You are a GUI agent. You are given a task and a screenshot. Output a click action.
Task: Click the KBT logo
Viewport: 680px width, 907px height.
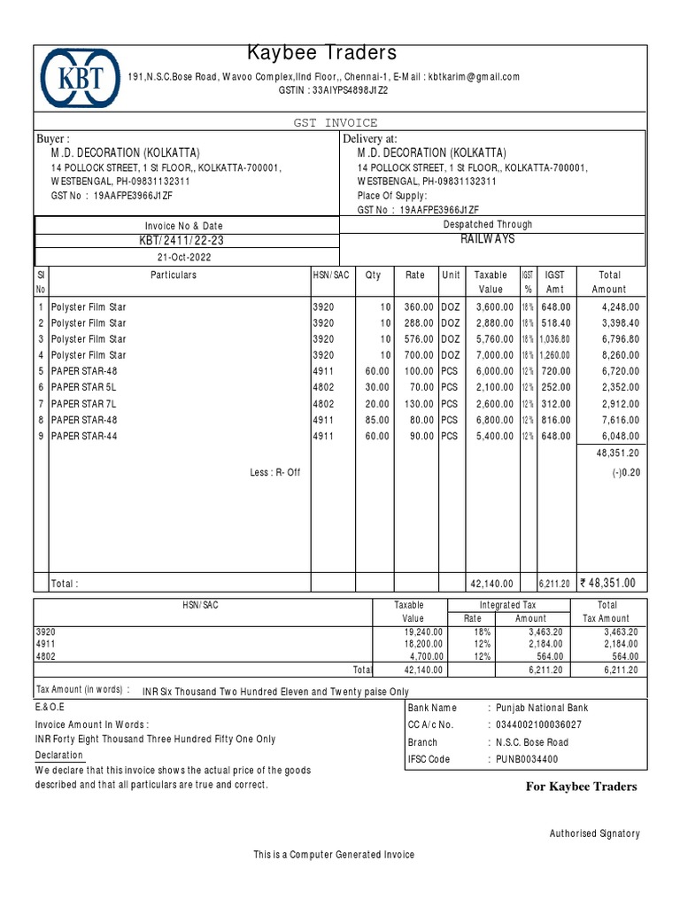click(79, 79)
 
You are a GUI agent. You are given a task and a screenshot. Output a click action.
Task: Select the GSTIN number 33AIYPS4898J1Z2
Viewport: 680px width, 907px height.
click(347, 90)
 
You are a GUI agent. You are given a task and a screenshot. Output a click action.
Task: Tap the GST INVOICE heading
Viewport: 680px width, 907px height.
click(340, 122)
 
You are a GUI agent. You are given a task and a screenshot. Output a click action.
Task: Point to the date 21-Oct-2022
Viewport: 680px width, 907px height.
click(185, 257)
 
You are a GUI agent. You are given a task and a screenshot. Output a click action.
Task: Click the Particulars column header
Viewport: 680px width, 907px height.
click(174, 275)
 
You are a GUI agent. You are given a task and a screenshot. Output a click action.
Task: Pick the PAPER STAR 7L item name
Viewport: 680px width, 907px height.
click(83, 404)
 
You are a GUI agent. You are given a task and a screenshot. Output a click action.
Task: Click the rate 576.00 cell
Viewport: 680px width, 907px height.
click(416, 339)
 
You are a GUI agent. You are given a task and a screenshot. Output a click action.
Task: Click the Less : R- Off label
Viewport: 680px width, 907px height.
click(274, 473)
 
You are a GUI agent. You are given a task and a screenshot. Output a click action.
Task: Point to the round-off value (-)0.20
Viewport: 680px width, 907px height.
click(625, 473)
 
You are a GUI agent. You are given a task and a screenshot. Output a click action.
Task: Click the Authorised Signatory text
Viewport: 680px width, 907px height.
click(594, 833)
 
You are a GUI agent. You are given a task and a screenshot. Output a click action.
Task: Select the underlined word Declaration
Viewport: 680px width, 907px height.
click(59, 756)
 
